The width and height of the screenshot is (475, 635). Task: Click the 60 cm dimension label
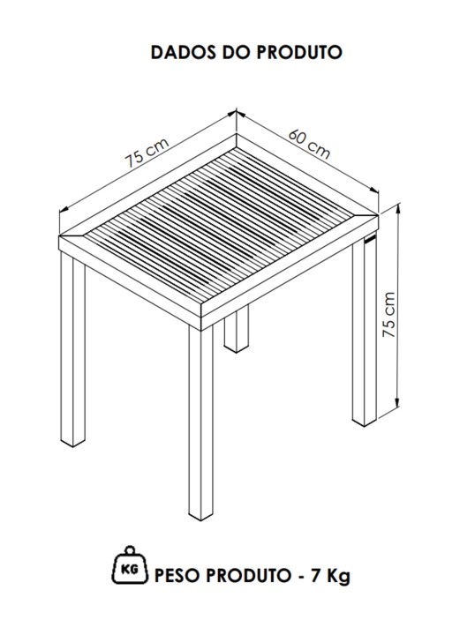click(x=309, y=145)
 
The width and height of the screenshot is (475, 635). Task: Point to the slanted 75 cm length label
click(x=147, y=153)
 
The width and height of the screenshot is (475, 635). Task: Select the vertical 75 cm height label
click(x=389, y=315)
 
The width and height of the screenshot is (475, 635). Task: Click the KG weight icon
click(x=130, y=565)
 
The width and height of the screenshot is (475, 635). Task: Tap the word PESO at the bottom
click(x=177, y=575)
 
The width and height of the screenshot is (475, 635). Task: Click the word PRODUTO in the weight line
click(x=247, y=575)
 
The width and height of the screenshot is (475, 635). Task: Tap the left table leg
click(x=73, y=348)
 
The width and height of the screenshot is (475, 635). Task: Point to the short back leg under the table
click(x=237, y=329)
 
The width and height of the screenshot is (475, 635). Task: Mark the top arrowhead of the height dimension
click(x=398, y=208)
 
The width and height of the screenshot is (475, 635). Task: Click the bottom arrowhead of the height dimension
click(x=398, y=404)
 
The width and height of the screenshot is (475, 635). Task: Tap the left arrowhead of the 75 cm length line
click(x=64, y=209)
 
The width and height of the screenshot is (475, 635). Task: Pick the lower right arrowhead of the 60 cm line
click(x=373, y=190)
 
